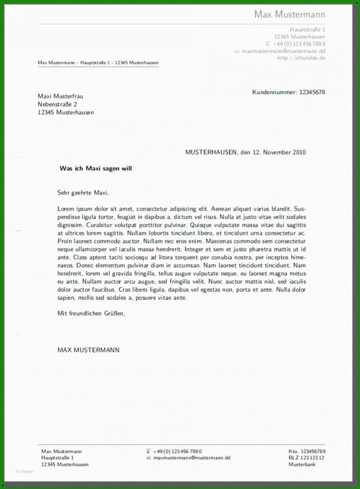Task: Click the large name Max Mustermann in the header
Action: [x=289, y=15]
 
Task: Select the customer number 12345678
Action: [x=312, y=92]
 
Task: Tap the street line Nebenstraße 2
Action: [x=57, y=105]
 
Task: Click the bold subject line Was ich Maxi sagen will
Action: [x=95, y=169]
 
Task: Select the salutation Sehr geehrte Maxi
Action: [x=83, y=193]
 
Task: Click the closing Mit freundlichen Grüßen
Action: [x=91, y=314]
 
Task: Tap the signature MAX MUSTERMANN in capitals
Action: [x=88, y=350]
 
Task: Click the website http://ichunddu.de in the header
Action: [x=301, y=58]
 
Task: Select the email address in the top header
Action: [x=284, y=51]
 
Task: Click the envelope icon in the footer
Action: [x=148, y=458]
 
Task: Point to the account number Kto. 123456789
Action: [x=306, y=452]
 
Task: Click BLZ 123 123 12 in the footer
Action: [x=306, y=458]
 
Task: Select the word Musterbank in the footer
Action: [x=302, y=465]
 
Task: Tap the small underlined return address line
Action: [x=98, y=63]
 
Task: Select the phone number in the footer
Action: [x=177, y=452]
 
